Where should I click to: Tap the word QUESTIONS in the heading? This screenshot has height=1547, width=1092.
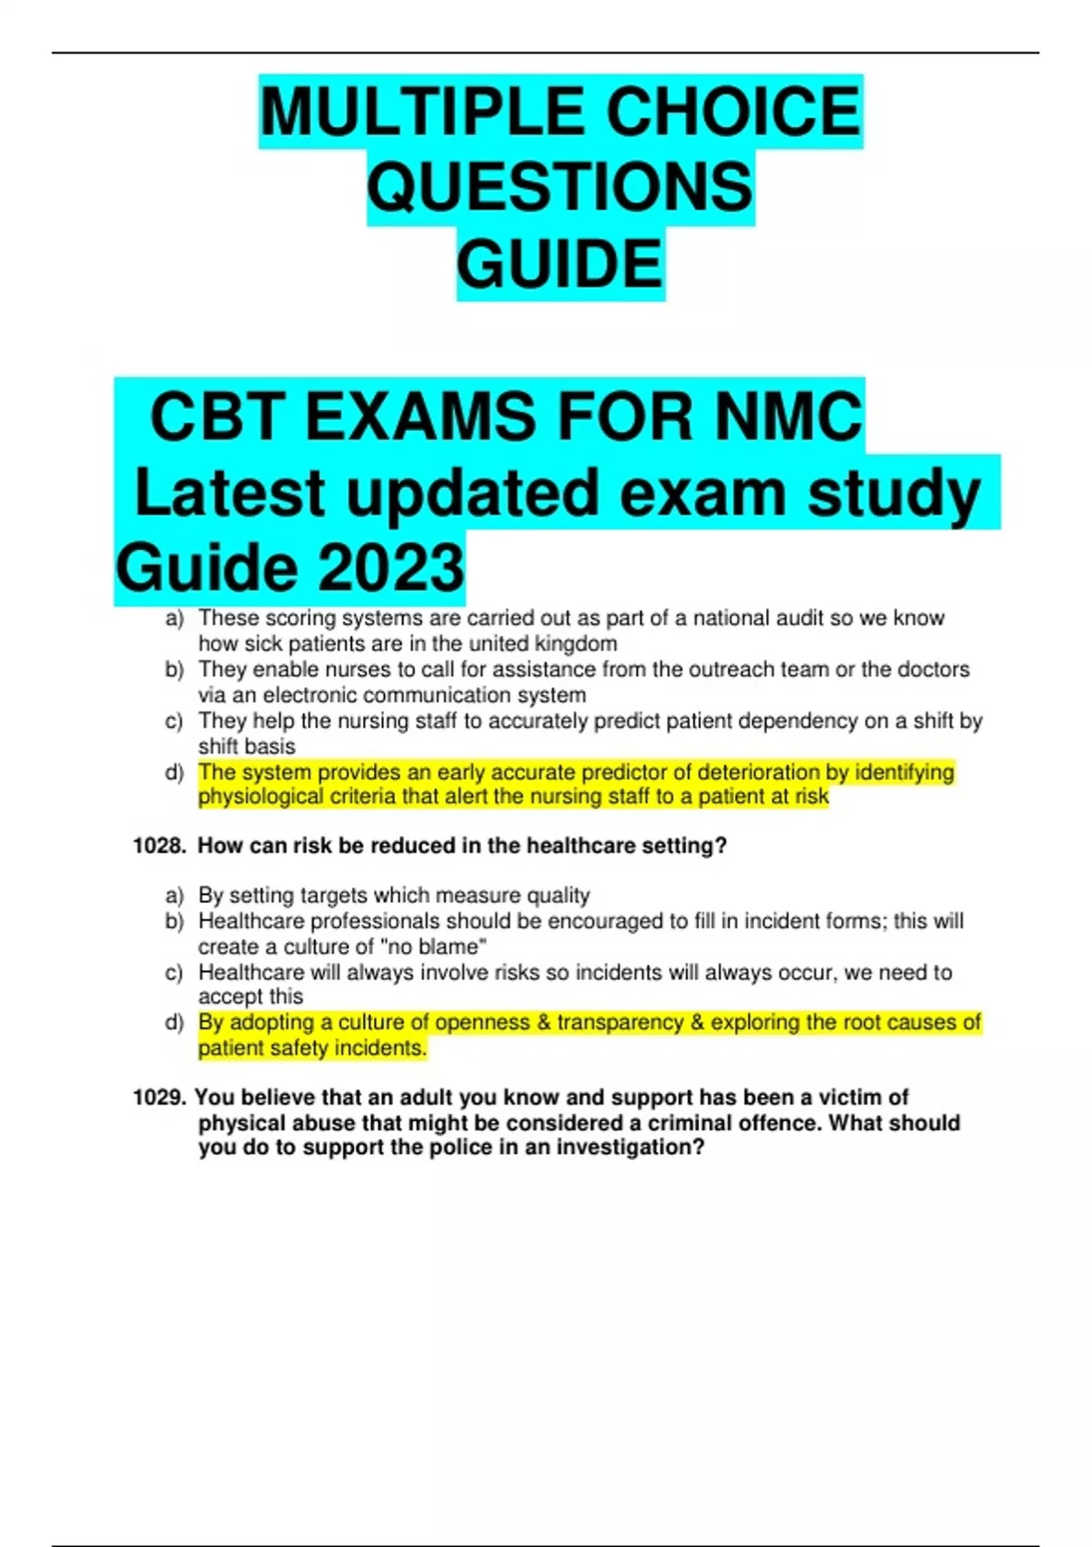(x=560, y=187)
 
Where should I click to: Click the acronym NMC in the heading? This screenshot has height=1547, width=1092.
(x=788, y=417)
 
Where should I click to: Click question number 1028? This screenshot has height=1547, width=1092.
(x=159, y=846)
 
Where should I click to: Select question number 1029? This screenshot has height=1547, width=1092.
(x=159, y=1097)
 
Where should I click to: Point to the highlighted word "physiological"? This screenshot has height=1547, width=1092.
(x=260, y=797)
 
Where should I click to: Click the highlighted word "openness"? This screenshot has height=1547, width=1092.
(x=481, y=1023)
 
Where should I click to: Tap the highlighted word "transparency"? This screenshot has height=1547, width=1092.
(x=620, y=1023)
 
